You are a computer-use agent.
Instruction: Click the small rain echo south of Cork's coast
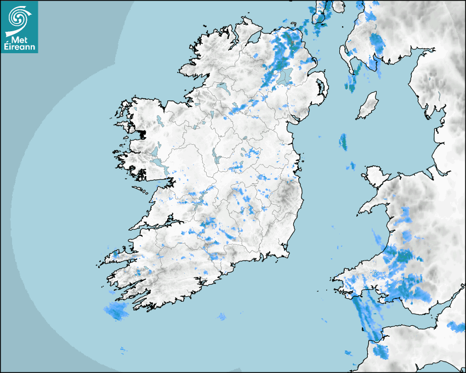coord(221,317)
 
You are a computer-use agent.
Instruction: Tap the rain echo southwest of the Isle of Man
coord(343,142)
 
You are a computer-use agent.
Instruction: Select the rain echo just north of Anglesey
coord(351,165)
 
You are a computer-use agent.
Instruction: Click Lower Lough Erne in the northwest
coord(223,87)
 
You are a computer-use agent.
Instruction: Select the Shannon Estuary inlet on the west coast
coord(159,222)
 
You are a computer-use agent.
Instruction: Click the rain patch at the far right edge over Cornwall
coord(456,327)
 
